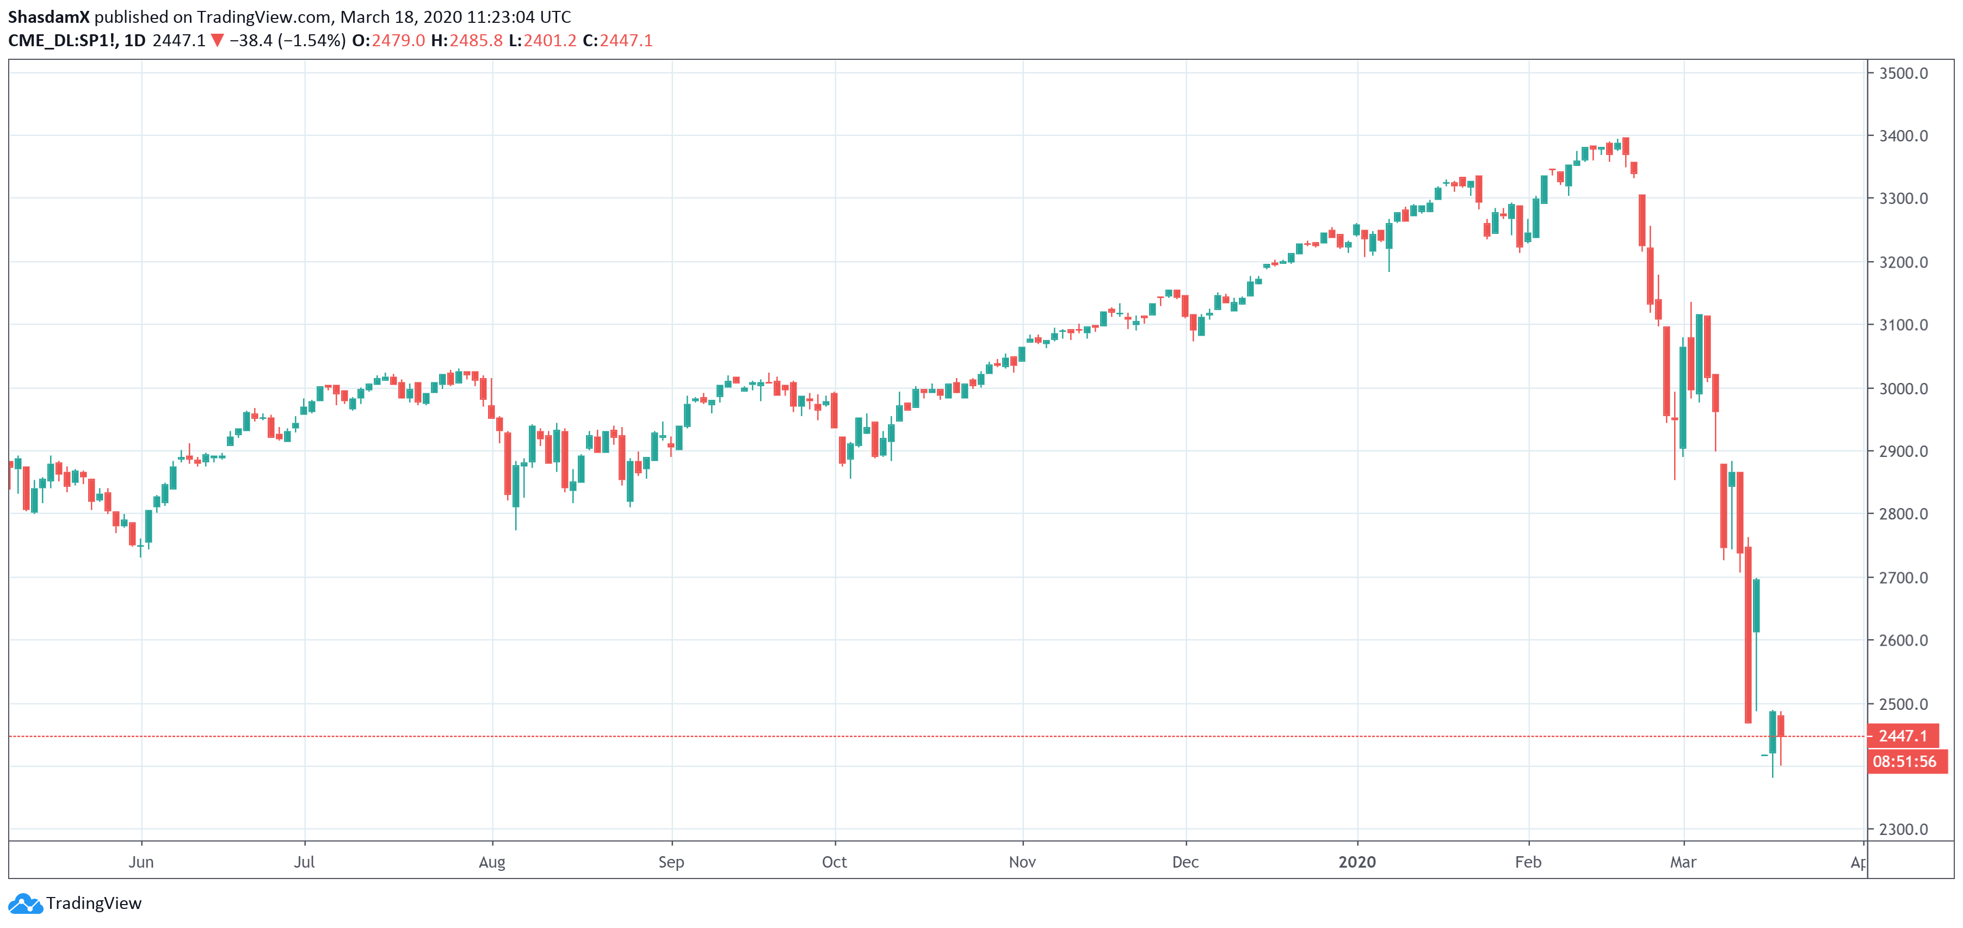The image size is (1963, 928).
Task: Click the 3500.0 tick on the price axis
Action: (1903, 73)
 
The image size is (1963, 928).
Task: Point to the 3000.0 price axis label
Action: (1903, 388)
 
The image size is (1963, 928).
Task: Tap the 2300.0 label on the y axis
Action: (1903, 830)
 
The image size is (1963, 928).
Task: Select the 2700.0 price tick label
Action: (1903, 578)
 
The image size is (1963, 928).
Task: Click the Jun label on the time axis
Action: (141, 862)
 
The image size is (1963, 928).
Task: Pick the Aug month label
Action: (491, 862)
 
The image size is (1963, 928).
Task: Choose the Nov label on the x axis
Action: (1022, 862)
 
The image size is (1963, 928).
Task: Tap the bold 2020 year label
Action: (1356, 862)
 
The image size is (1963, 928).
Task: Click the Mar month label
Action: (1683, 862)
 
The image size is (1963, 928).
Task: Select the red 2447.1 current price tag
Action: (1903, 736)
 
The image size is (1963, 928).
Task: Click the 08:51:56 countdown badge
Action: (1904, 761)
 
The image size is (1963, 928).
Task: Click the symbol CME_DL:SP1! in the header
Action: (63, 40)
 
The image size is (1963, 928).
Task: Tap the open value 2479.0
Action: (398, 40)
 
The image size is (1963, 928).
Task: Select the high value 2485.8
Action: (476, 40)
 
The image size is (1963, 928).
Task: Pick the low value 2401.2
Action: (550, 40)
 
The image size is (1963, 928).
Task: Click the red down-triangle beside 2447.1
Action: (217, 40)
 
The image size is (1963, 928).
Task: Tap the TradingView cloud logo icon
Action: (25, 904)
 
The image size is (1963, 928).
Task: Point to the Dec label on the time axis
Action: (1185, 862)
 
